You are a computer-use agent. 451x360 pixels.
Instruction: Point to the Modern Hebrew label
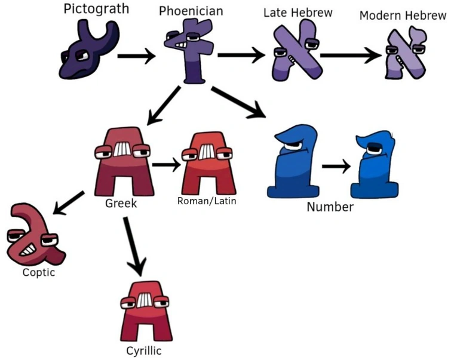pyautogui.click(x=403, y=16)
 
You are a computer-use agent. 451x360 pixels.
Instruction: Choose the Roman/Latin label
pyautogui.click(x=207, y=201)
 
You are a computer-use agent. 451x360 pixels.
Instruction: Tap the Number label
pyautogui.click(x=330, y=207)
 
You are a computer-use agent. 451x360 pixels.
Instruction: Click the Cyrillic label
pyautogui.click(x=143, y=350)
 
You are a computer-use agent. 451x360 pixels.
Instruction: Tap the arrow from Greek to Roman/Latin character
pyautogui.click(x=166, y=164)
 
